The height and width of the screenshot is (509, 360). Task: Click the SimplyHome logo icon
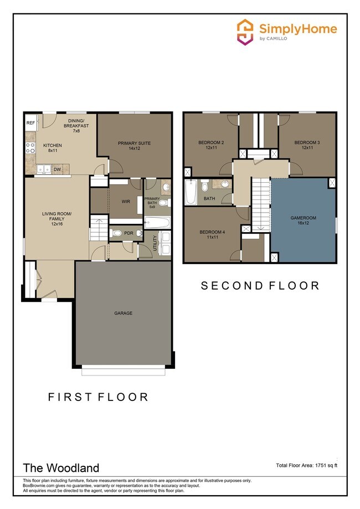[245, 31]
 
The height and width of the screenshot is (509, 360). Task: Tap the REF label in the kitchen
[30, 123]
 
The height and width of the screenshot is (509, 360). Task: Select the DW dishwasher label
[56, 169]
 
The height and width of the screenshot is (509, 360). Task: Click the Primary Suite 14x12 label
[134, 146]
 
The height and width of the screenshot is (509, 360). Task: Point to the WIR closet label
[126, 202]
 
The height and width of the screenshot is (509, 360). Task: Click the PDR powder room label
[128, 233]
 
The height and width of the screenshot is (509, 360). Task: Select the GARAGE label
[124, 313]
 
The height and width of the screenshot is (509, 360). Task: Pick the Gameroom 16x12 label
[303, 220]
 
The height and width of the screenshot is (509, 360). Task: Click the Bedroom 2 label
[211, 145]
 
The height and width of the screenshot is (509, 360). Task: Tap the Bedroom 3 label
[307, 145]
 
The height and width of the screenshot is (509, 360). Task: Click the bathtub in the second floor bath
[189, 192]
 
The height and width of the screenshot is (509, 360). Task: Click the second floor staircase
[260, 205]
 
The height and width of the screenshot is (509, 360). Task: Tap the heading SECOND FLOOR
[260, 286]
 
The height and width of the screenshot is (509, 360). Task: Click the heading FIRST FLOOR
[98, 397]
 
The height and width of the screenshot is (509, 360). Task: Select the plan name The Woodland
[60, 468]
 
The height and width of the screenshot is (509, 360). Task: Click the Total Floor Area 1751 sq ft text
[307, 465]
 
